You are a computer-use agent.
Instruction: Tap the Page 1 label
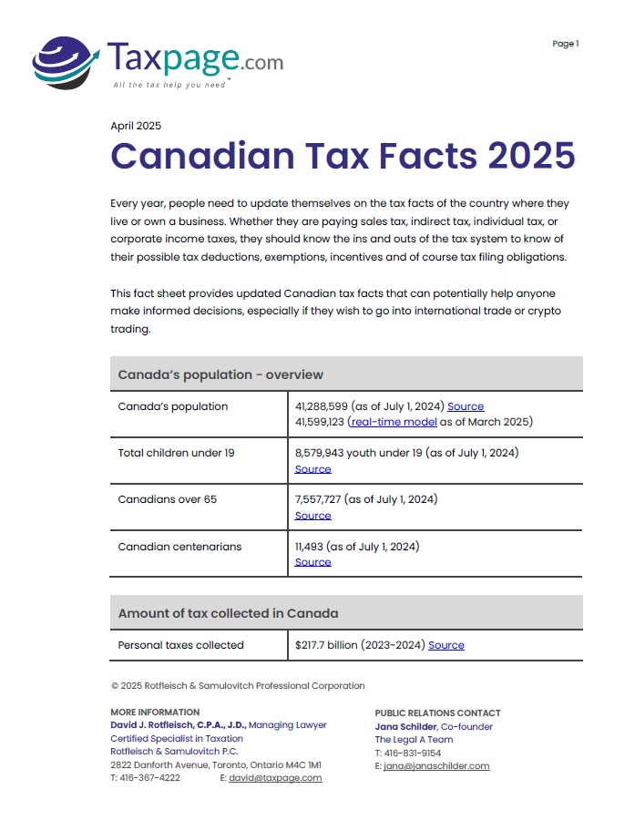point(566,44)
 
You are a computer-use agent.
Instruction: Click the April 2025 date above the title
point(136,126)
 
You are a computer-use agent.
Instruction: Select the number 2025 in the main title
point(531,156)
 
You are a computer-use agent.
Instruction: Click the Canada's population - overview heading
point(220,374)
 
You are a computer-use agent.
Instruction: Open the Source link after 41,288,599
point(466,406)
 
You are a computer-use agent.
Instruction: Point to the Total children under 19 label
point(176,453)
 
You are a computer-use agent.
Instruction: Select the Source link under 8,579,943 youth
point(312,469)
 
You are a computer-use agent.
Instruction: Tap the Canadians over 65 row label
point(168,499)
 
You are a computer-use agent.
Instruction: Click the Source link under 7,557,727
point(312,516)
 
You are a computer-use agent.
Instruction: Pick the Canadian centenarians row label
point(179,547)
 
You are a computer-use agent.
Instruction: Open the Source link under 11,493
point(312,562)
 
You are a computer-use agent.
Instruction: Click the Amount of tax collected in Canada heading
point(228,613)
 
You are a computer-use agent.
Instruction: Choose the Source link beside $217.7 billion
point(446,645)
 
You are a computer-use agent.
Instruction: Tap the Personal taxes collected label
point(181,645)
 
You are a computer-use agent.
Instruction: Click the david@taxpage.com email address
point(275,778)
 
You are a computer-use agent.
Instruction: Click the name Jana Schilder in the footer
point(405,726)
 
